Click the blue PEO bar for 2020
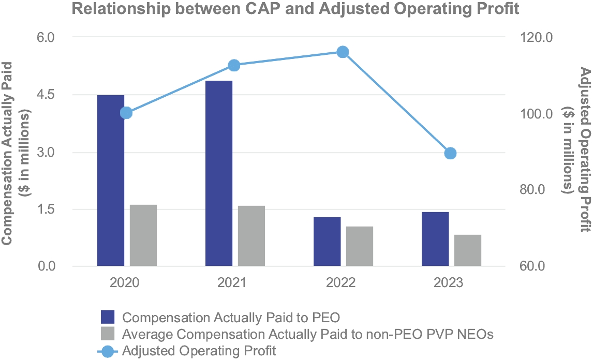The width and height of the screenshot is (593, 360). click(111, 181)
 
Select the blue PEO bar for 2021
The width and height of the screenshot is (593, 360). click(219, 173)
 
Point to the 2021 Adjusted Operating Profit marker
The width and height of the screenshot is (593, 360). click(234, 65)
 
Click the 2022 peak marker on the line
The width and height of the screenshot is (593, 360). click(343, 52)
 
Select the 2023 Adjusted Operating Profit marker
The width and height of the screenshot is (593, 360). click(450, 153)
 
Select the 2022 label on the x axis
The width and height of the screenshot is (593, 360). click(342, 283)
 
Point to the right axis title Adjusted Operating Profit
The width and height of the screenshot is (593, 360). click(585, 150)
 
